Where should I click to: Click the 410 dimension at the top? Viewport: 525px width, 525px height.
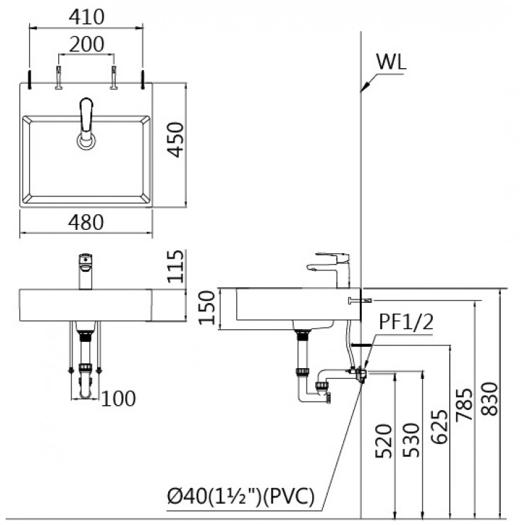click(86, 16)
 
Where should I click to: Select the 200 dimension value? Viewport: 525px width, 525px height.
click(86, 44)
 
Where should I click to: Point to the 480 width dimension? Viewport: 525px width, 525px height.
click(86, 222)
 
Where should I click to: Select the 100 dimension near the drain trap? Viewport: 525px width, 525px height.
click(118, 399)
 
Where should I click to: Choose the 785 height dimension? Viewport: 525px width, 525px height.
click(465, 406)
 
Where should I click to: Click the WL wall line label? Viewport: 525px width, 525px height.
click(390, 62)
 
